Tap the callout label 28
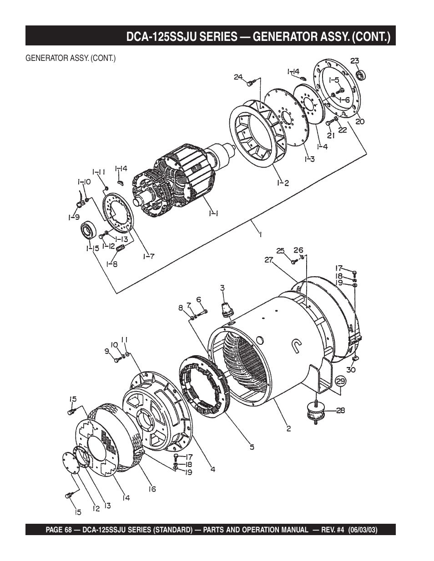coord(340,410)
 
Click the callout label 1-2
coord(283,183)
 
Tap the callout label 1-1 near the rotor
coord(214,213)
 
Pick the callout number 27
coord(268,259)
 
